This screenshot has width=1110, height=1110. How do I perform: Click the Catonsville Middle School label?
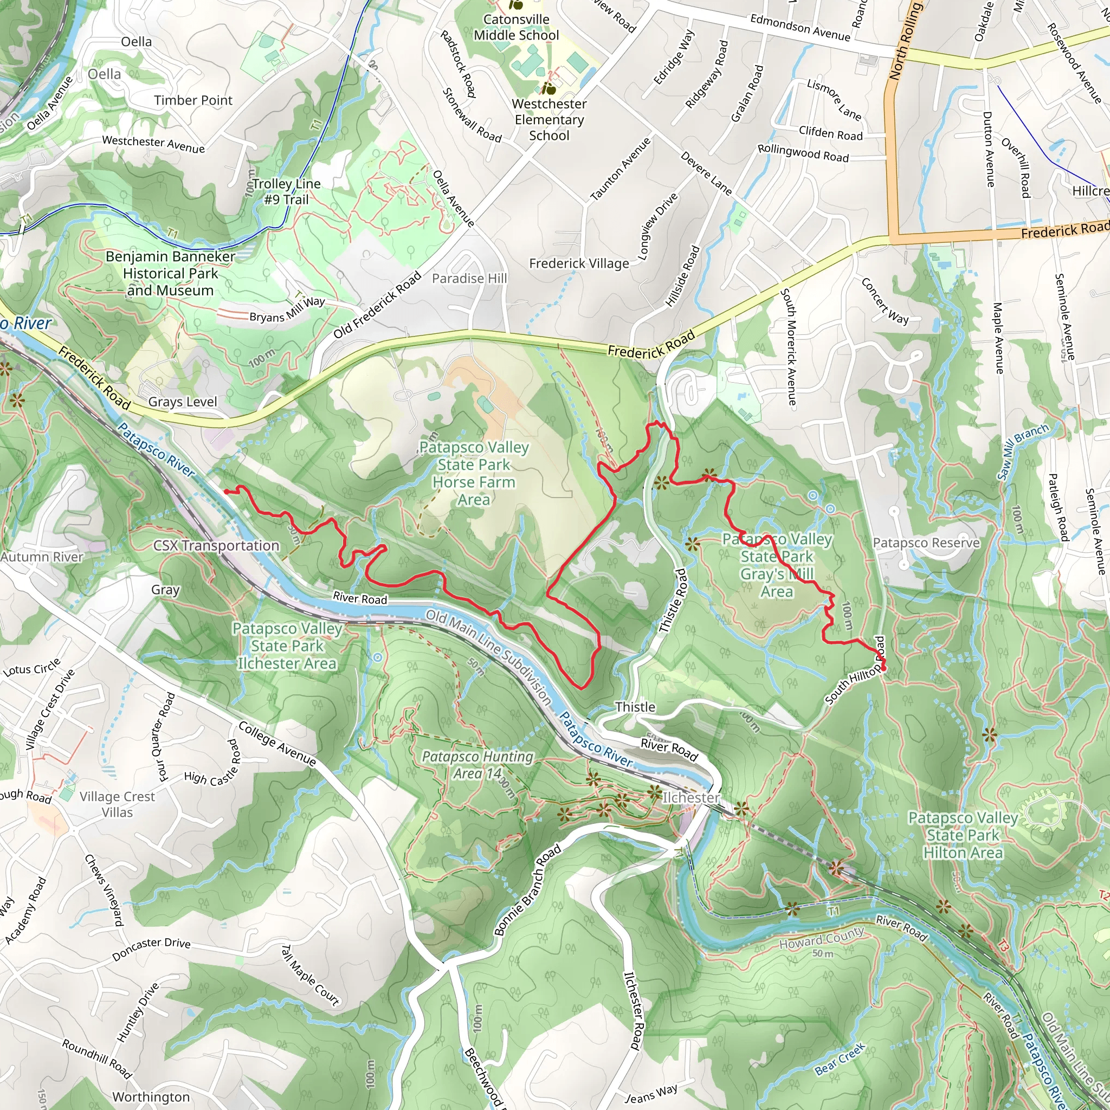click(x=516, y=27)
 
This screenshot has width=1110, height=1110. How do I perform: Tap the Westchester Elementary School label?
click(x=548, y=119)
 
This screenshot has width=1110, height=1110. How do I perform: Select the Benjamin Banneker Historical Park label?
click(x=170, y=273)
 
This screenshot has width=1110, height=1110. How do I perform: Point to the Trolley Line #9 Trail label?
click(x=286, y=191)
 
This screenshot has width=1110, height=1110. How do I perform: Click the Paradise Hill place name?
click(x=469, y=279)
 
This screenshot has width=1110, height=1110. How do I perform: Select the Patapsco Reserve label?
click(x=926, y=543)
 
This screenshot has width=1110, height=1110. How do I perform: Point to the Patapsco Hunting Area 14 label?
click(x=477, y=765)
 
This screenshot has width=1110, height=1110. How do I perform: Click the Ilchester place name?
click(x=690, y=797)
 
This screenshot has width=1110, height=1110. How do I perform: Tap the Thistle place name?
click(x=635, y=707)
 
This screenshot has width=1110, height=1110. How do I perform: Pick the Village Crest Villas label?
click(x=117, y=804)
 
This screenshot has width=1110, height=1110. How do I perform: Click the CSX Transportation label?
click(x=216, y=545)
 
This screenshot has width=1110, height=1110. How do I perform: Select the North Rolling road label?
click(x=905, y=40)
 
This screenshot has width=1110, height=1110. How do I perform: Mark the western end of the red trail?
click(x=225, y=491)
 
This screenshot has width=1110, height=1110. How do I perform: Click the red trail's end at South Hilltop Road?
click(x=882, y=669)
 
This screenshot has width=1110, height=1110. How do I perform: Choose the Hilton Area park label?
click(x=963, y=835)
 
